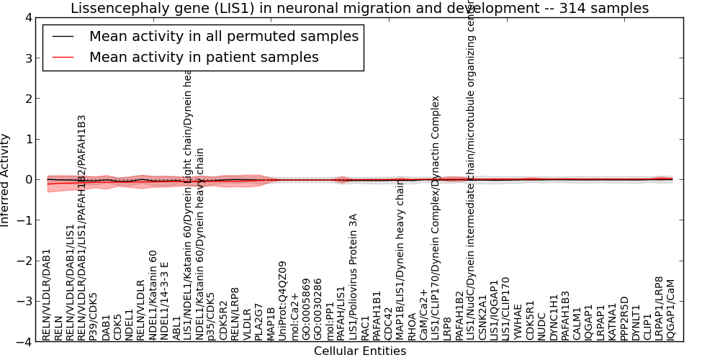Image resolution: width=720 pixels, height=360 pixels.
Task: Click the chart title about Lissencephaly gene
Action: (x=359, y=8)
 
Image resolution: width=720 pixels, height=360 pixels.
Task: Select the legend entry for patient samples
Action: (x=203, y=57)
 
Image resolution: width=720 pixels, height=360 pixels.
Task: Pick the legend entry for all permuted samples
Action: (x=223, y=37)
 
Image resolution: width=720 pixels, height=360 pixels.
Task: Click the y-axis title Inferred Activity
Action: (x=6, y=180)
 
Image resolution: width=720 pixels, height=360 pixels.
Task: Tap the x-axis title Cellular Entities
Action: (x=360, y=351)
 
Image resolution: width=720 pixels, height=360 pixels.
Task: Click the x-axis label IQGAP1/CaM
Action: (x=671, y=310)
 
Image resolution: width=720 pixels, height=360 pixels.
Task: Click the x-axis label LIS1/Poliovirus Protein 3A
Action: (x=353, y=276)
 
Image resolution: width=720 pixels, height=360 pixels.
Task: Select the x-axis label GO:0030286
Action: (x=318, y=309)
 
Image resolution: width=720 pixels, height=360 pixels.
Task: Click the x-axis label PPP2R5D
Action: (x=624, y=318)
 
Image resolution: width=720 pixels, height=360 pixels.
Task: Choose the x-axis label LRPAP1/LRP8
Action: (x=659, y=308)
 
